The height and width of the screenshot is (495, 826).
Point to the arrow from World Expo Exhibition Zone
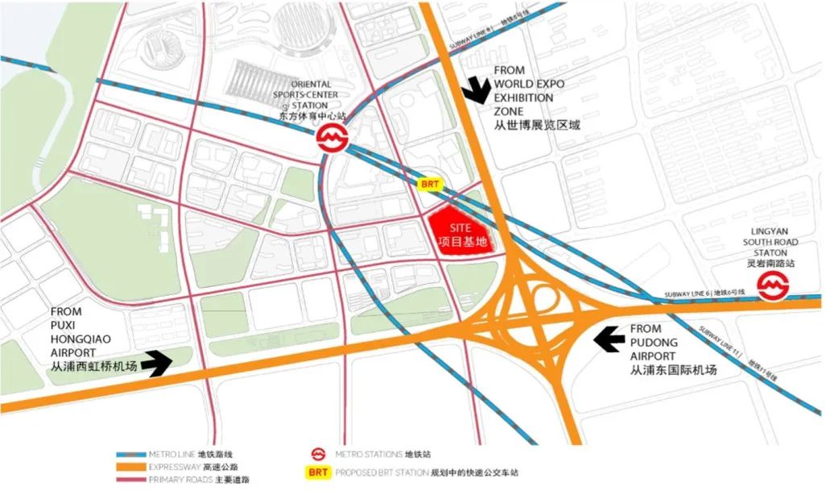[x=477, y=89]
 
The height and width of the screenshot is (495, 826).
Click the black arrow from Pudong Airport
[x=609, y=338]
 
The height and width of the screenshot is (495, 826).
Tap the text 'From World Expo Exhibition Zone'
[x=535, y=98]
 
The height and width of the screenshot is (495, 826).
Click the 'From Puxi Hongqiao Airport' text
[x=83, y=338]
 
